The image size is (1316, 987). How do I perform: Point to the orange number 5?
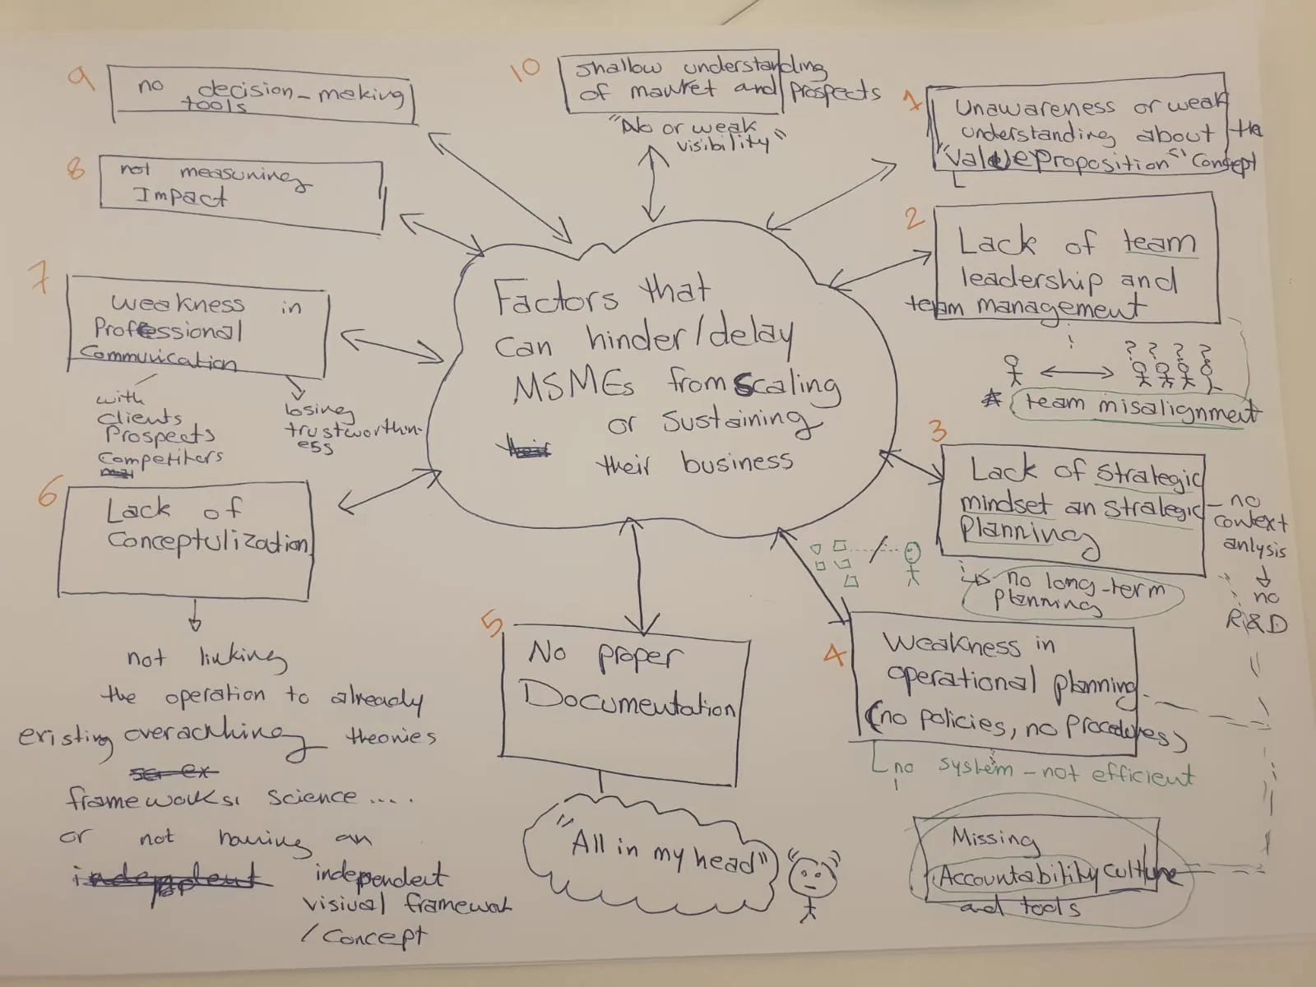point(492,625)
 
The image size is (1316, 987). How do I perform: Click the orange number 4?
point(835,655)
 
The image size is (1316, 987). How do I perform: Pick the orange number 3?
point(937,431)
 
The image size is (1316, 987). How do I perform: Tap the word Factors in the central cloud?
point(554,298)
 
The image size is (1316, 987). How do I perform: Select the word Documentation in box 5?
point(630,701)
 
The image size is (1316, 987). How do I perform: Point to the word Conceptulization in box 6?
point(207,541)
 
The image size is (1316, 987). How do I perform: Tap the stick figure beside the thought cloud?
point(810,884)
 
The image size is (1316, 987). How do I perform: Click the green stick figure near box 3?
point(911,562)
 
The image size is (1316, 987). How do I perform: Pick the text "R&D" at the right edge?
point(1257,623)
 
